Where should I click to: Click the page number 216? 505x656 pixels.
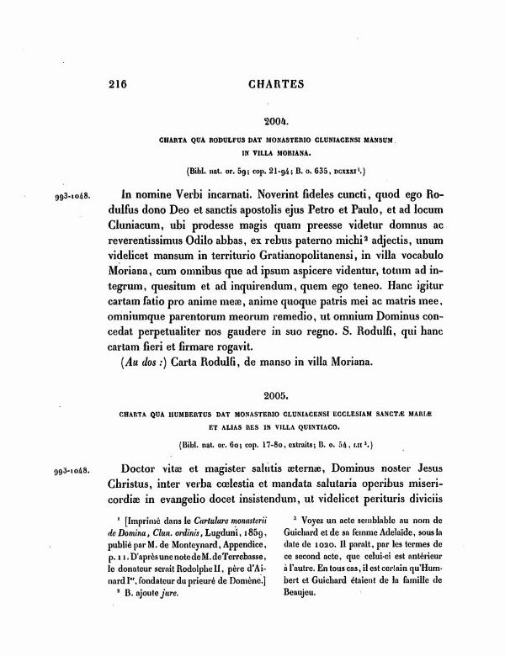[x=121, y=83]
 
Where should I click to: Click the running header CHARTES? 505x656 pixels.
[x=276, y=83]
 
